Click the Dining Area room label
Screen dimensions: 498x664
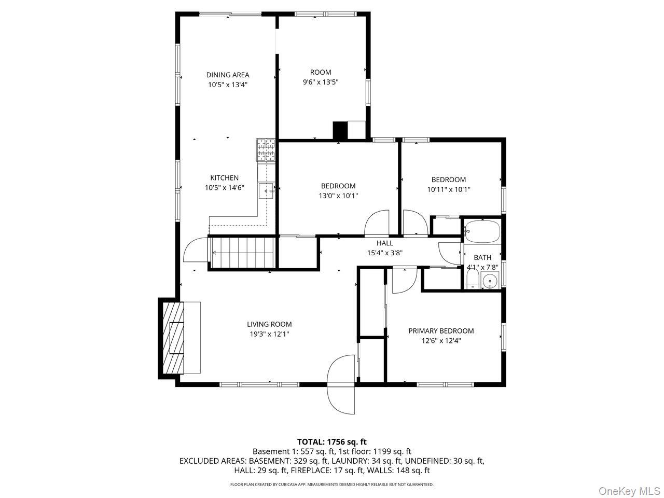point(227,75)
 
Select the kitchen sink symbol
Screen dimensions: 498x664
point(267,191)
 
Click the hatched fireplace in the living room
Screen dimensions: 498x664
point(174,338)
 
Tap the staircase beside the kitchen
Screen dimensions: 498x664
point(241,253)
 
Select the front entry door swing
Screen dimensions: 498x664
point(341,385)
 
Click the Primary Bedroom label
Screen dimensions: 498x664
point(441,331)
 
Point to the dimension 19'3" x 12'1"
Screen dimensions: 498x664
point(269,335)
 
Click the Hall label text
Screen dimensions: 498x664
point(384,243)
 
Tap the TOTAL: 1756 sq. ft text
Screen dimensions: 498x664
point(331,442)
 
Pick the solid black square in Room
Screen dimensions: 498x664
point(340,130)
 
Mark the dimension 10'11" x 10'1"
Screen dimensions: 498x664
point(448,190)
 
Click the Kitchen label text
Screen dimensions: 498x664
point(224,178)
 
